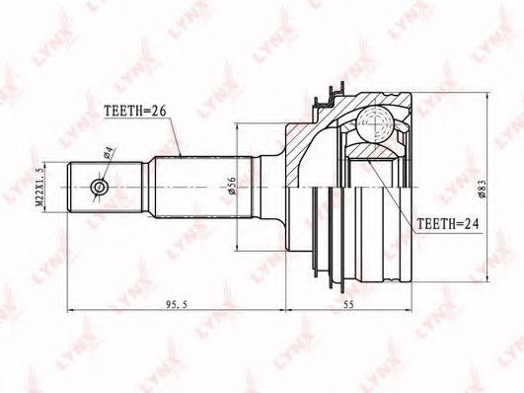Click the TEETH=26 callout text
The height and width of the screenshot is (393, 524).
pos(135,111)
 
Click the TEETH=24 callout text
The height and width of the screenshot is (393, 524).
pos(448,223)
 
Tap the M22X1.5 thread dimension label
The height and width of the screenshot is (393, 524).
pos(39,187)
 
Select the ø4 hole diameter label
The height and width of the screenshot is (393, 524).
pos(110,153)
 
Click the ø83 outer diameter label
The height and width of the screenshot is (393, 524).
pos(482,190)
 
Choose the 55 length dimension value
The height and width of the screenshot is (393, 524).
pos(348,304)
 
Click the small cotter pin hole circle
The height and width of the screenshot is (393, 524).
pos(100,187)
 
